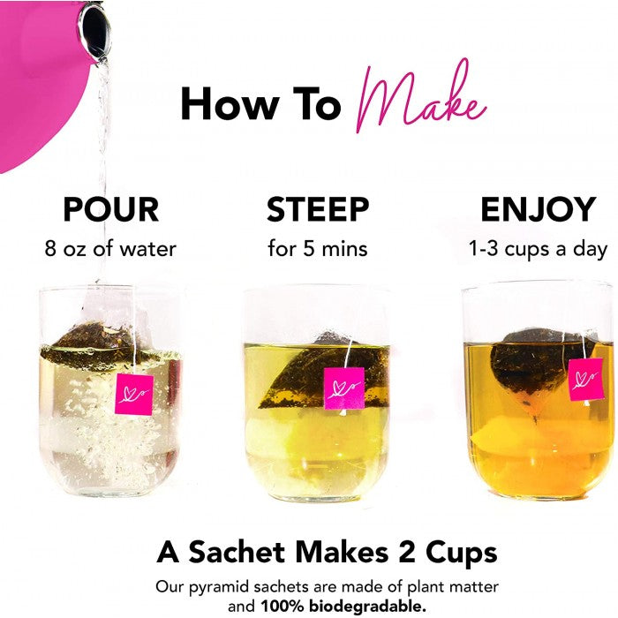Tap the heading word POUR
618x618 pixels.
click(110, 209)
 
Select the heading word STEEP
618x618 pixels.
click(318, 209)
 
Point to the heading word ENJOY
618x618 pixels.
click(538, 209)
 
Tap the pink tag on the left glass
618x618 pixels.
click(134, 395)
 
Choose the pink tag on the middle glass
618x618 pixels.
click(344, 388)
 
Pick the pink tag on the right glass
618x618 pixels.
click(586, 379)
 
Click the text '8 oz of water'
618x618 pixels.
click(110, 249)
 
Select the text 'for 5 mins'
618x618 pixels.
click(318, 249)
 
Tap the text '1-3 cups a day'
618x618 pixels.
click(538, 250)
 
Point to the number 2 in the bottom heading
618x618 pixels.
click(407, 552)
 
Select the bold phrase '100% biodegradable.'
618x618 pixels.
click(343, 607)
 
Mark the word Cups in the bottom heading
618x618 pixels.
click(461, 553)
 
